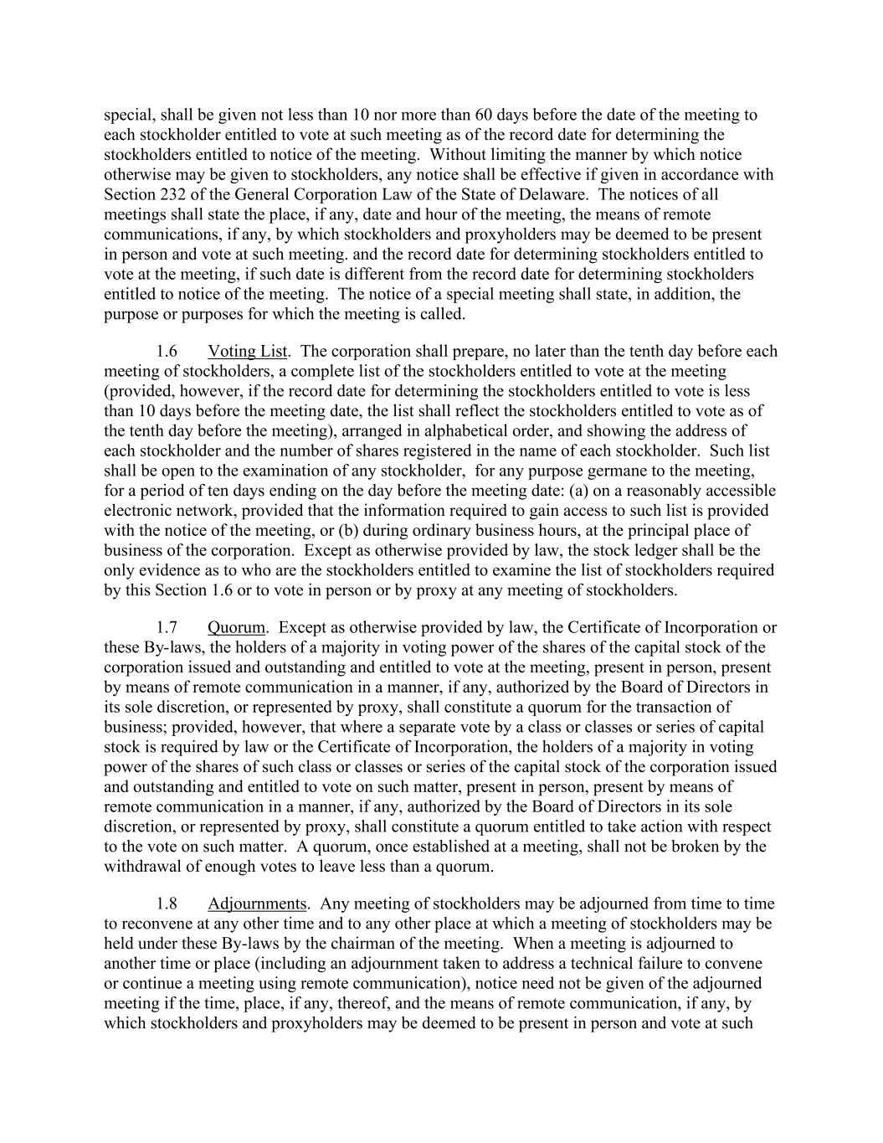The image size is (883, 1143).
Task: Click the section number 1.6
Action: point(167,352)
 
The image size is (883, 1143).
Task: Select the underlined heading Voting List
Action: point(247,352)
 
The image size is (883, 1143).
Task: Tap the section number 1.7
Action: point(167,628)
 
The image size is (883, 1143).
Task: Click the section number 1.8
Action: point(167,904)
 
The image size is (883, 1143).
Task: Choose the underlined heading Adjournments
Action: point(257,904)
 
